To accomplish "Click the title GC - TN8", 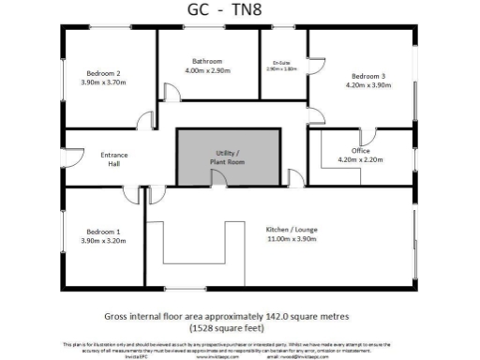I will (x=238, y=10).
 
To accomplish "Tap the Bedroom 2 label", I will (x=104, y=72).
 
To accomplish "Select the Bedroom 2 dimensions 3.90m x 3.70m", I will (x=104, y=82).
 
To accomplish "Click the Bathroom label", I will (x=206, y=60).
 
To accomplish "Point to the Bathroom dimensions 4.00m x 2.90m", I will (x=206, y=70).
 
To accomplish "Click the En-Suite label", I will (x=282, y=63).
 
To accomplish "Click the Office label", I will (x=361, y=150).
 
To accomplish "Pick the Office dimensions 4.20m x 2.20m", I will (x=361, y=160).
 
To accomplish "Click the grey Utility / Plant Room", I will (x=228, y=157).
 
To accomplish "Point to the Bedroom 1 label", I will (x=103, y=231).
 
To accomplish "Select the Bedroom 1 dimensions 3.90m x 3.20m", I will (x=103, y=241).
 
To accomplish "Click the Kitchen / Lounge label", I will (x=290, y=230).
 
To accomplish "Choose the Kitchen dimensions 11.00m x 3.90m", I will (x=290, y=240).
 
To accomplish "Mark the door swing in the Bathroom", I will (x=172, y=93).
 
